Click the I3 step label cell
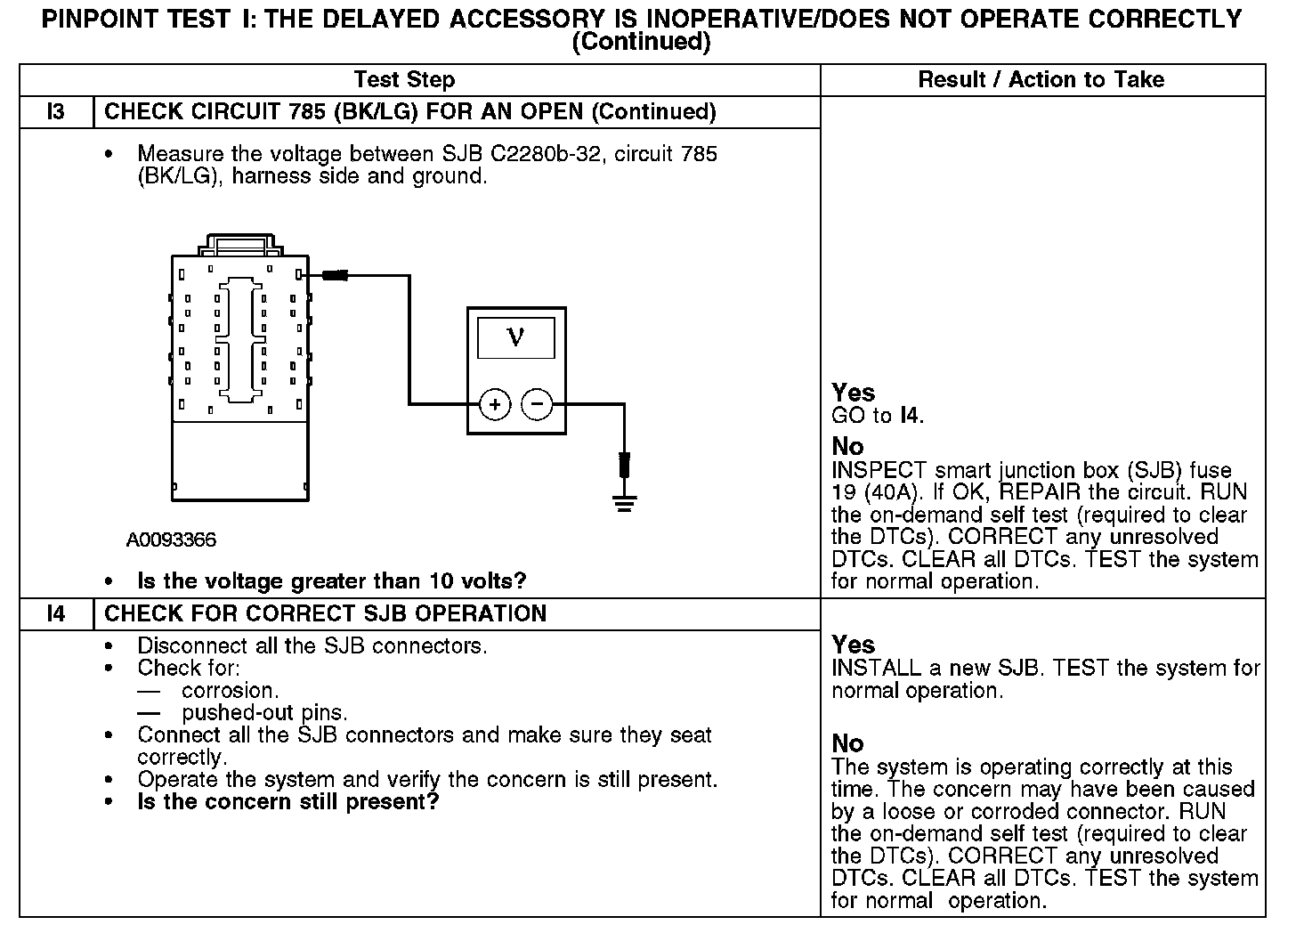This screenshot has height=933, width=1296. tap(55, 112)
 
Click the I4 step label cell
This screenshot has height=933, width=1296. tap(55, 614)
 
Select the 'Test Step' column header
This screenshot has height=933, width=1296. tap(404, 79)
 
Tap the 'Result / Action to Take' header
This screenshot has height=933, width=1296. tap(1041, 79)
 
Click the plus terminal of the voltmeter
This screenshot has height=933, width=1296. tap(495, 405)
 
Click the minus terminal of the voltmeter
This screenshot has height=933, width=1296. tap(536, 405)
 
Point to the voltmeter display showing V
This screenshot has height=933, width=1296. tap(515, 337)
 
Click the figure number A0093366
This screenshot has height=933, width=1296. tap(171, 540)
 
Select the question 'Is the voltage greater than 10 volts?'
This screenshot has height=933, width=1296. tap(331, 581)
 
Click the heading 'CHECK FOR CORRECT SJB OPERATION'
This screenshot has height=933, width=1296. tap(325, 614)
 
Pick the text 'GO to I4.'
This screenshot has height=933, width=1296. tap(878, 415)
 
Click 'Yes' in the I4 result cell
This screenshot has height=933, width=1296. tap(853, 645)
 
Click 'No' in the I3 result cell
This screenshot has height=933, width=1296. tap(847, 446)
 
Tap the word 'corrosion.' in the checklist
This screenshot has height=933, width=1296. tap(230, 691)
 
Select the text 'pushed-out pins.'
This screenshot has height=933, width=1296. tap(264, 713)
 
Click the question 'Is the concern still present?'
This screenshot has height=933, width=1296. tap(288, 802)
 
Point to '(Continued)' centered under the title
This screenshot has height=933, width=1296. tap(641, 42)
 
